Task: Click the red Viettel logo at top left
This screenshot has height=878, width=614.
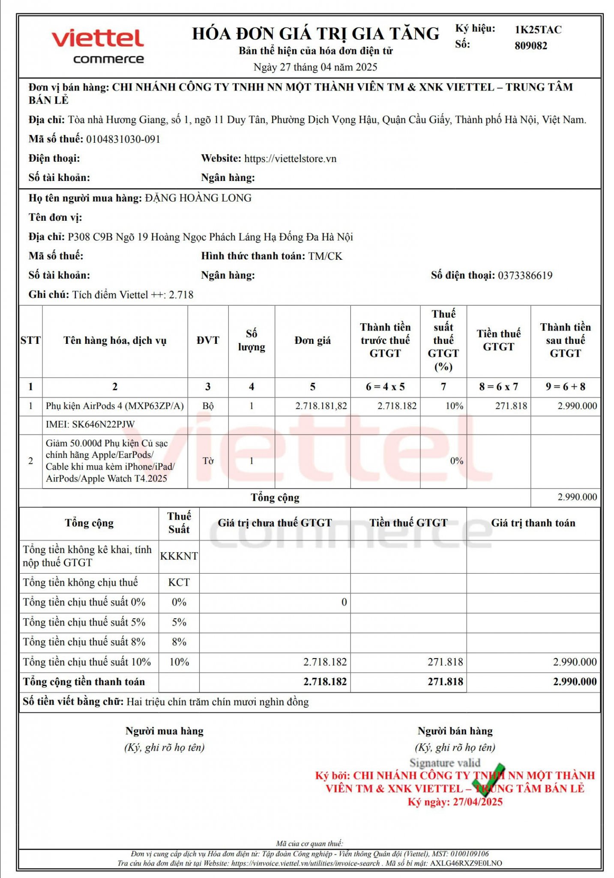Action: point(98,39)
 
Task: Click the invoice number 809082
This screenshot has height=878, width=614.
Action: point(531,46)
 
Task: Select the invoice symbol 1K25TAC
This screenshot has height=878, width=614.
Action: point(538,30)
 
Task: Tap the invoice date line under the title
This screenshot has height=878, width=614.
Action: point(315,67)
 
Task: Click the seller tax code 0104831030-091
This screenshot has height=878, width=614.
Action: point(123,139)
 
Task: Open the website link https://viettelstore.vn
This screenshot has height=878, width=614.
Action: point(290,159)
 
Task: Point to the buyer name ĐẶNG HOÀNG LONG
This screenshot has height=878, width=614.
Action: point(198,198)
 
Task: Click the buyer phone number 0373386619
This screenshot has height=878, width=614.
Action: point(525,276)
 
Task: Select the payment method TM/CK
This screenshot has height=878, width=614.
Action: point(325,256)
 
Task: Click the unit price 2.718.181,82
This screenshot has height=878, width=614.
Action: point(321,406)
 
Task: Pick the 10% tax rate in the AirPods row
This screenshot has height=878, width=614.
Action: point(454,406)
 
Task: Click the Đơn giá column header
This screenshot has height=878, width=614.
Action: point(312,341)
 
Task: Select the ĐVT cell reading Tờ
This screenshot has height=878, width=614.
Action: point(208,461)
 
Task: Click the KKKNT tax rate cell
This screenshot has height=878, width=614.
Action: point(179,556)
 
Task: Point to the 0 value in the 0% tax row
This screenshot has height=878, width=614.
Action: point(344,602)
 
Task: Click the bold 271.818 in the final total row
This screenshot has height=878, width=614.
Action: point(445,682)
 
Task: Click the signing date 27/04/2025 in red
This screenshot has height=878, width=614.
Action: point(477,802)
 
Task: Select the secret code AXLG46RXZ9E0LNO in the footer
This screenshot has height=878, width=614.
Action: point(466,863)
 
